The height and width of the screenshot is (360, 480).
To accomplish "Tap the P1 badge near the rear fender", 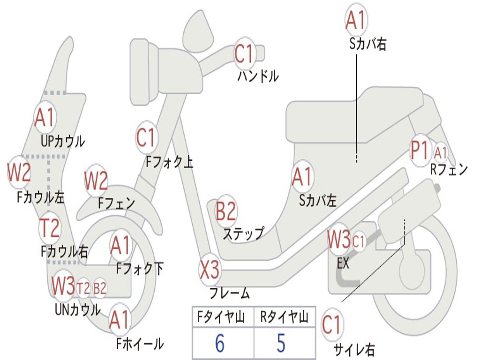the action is click(420, 150).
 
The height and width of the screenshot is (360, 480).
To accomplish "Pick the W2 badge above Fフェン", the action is click(96, 181).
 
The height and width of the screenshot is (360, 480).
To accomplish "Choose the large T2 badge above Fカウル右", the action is click(50, 228).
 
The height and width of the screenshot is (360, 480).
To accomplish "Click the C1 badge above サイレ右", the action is click(331, 325).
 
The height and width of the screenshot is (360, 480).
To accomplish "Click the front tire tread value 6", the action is click(220, 343).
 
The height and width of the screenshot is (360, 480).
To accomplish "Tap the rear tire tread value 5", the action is click(281, 343).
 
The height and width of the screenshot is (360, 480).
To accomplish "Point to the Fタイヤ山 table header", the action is click(221, 317).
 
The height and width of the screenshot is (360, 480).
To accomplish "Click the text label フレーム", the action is click(230, 293).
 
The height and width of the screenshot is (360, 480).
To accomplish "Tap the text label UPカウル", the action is click(63, 141).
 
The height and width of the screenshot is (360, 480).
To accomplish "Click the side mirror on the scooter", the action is click(199, 30).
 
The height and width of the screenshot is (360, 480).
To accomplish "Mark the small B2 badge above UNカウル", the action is click(100, 288).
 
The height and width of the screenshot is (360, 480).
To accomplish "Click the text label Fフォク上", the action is click(170, 162).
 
